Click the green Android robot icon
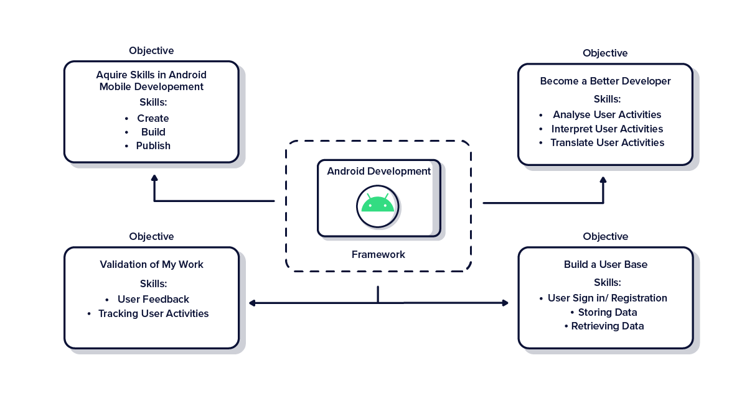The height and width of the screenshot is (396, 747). click(378, 205)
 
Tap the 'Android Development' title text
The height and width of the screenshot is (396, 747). click(378, 171)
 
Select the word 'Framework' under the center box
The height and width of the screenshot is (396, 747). click(378, 254)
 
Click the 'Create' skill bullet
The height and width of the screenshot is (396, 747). click(153, 118)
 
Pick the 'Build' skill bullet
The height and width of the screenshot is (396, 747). click(153, 132)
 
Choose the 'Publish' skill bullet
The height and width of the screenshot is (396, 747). click(153, 145)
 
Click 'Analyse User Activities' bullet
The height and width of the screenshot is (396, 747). click(606, 114)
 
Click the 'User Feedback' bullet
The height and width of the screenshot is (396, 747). click(153, 299)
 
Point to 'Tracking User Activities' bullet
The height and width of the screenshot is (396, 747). click(153, 313)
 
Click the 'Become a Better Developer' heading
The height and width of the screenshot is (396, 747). click(606, 81)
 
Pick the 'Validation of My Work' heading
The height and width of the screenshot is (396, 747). click(152, 264)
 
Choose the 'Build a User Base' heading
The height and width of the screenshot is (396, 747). click(606, 264)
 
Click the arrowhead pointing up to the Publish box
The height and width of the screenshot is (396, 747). click(154, 178)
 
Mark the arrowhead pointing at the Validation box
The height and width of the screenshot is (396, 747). click(253, 303)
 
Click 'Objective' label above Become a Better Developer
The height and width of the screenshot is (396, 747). click(605, 53)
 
